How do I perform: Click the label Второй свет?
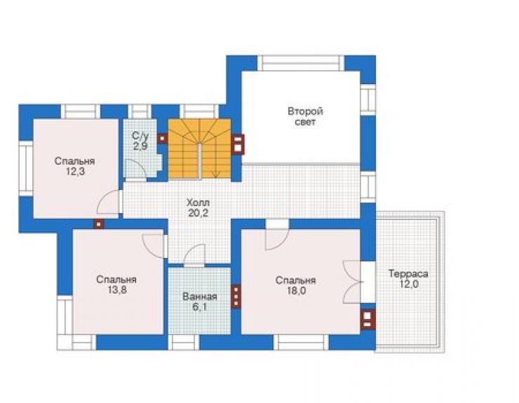click(x=305, y=116)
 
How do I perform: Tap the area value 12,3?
click(x=75, y=172)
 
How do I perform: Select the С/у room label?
click(x=140, y=136)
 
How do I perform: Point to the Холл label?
click(x=198, y=203)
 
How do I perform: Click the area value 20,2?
click(x=198, y=213)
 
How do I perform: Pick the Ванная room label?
click(x=200, y=296)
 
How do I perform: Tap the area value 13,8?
click(x=116, y=290)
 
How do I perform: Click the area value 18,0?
click(x=295, y=291)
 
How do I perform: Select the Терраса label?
click(x=408, y=273)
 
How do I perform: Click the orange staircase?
click(x=200, y=149)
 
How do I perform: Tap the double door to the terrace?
click(x=353, y=282)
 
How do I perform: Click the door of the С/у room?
click(x=135, y=170)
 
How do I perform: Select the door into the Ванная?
click(x=195, y=255)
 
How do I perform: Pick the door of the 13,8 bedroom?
click(x=154, y=245)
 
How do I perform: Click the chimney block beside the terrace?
click(x=368, y=320)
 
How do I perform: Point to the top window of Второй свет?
click(x=301, y=63)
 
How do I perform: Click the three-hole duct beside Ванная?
click(x=236, y=296)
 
